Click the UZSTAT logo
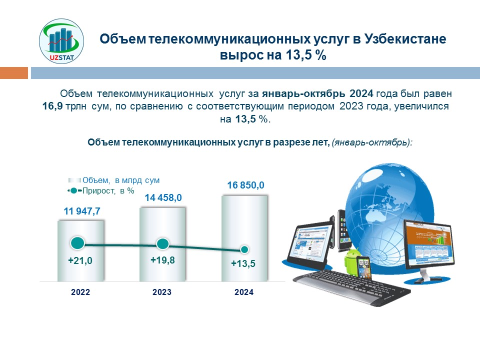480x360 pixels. (x=61, y=41)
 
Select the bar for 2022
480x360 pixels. (x=81, y=250)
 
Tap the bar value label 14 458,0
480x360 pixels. (x=163, y=198)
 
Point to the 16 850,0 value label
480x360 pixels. (x=245, y=185)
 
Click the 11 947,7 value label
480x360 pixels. (x=81, y=211)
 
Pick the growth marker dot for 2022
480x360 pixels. (x=77, y=243)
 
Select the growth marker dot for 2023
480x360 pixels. (x=162, y=244)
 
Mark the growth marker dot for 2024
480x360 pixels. (x=244, y=250)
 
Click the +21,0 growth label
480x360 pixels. (x=80, y=260)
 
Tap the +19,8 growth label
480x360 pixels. (x=162, y=260)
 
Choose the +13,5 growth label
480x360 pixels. (x=243, y=263)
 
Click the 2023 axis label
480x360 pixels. (x=162, y=292)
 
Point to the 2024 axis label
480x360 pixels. (x=244, y=292)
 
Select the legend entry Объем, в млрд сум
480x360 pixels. (x=114, y=180)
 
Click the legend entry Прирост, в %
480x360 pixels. (x=101, y=190)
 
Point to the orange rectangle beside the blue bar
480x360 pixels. (x=14, y=73)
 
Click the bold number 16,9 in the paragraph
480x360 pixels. (x=52, y=106)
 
